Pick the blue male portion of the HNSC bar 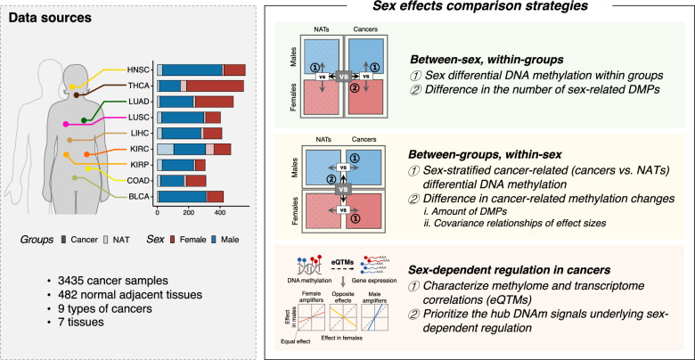coord(192,69)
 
